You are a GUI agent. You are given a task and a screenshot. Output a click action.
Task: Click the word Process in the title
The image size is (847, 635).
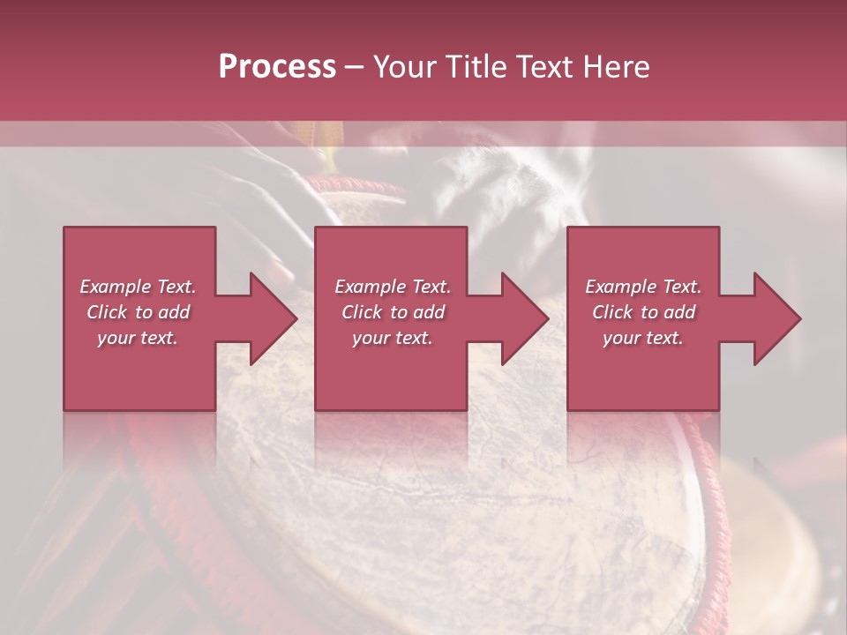pos(277,67)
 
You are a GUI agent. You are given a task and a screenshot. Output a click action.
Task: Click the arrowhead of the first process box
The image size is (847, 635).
pos(274,318)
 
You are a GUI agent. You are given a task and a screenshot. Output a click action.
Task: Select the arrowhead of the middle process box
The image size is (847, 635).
pos(525,318)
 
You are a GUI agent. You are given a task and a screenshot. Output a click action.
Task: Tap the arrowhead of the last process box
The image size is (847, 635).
pos(777,318)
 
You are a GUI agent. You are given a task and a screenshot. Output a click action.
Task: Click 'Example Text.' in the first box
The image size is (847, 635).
pos(138,287)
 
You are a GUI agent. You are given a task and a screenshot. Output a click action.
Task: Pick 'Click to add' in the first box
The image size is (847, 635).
pos(138,312)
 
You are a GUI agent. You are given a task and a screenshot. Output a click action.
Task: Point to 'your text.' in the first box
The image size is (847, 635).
pos(138,338)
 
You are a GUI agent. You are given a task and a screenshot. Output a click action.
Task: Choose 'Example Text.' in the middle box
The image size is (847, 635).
pos(393,287)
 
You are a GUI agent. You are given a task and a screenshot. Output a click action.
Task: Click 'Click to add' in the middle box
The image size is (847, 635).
pos(393,312)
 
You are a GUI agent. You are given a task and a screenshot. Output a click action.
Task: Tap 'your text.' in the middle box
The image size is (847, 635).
pos(393,338)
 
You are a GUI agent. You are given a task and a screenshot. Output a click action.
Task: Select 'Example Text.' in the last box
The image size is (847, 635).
pos(643,287)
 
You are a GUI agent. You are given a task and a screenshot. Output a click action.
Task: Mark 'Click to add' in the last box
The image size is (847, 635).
pos(643,312)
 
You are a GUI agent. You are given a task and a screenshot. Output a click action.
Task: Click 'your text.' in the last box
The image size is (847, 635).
pos(643,338)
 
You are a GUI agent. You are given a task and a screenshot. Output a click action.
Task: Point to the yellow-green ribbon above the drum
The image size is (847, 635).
pos(334,156)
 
